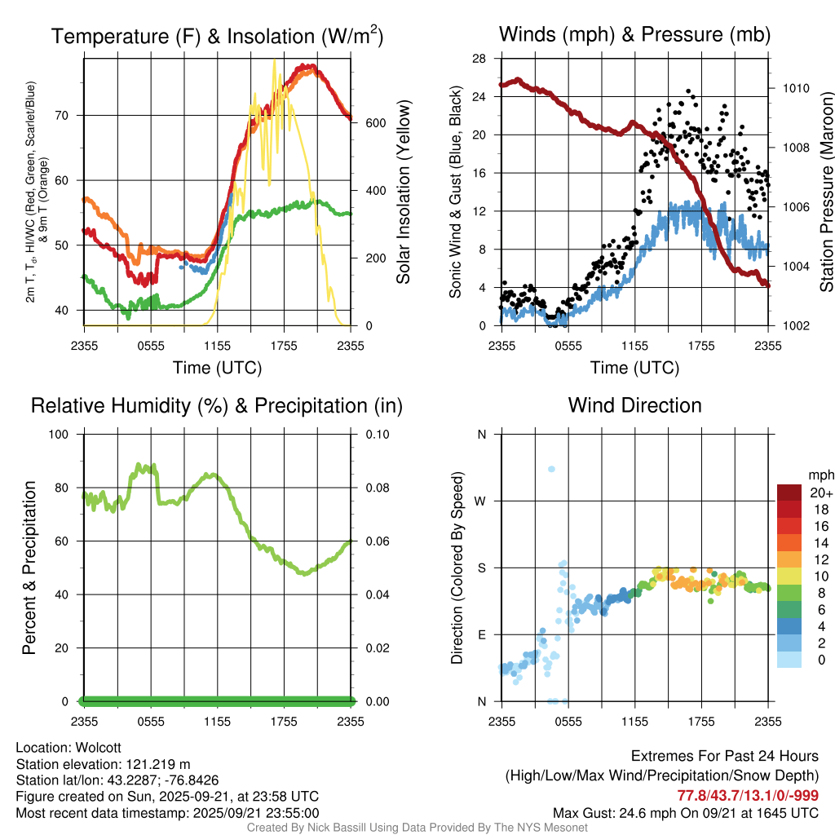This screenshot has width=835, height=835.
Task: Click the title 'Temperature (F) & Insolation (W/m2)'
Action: tap(217, 37)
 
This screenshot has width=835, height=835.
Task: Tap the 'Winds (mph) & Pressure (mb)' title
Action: tap(634, 34)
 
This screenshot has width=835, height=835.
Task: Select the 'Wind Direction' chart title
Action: tap(634, 405)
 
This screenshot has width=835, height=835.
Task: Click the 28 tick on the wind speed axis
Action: tap(479, 59)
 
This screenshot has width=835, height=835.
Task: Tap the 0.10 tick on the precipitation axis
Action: tap(375, 434)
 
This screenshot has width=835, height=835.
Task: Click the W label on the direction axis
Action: tap(481, 501)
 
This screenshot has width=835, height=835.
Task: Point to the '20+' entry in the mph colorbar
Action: tap(820, 493)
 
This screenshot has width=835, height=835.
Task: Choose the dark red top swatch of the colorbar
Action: tap(790, 493)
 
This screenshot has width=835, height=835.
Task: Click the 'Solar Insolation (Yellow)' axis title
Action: tap(404, 192)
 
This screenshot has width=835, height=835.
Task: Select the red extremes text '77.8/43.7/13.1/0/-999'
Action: tap(748, 796)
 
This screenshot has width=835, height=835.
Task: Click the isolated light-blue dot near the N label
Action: tap(551, 469)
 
